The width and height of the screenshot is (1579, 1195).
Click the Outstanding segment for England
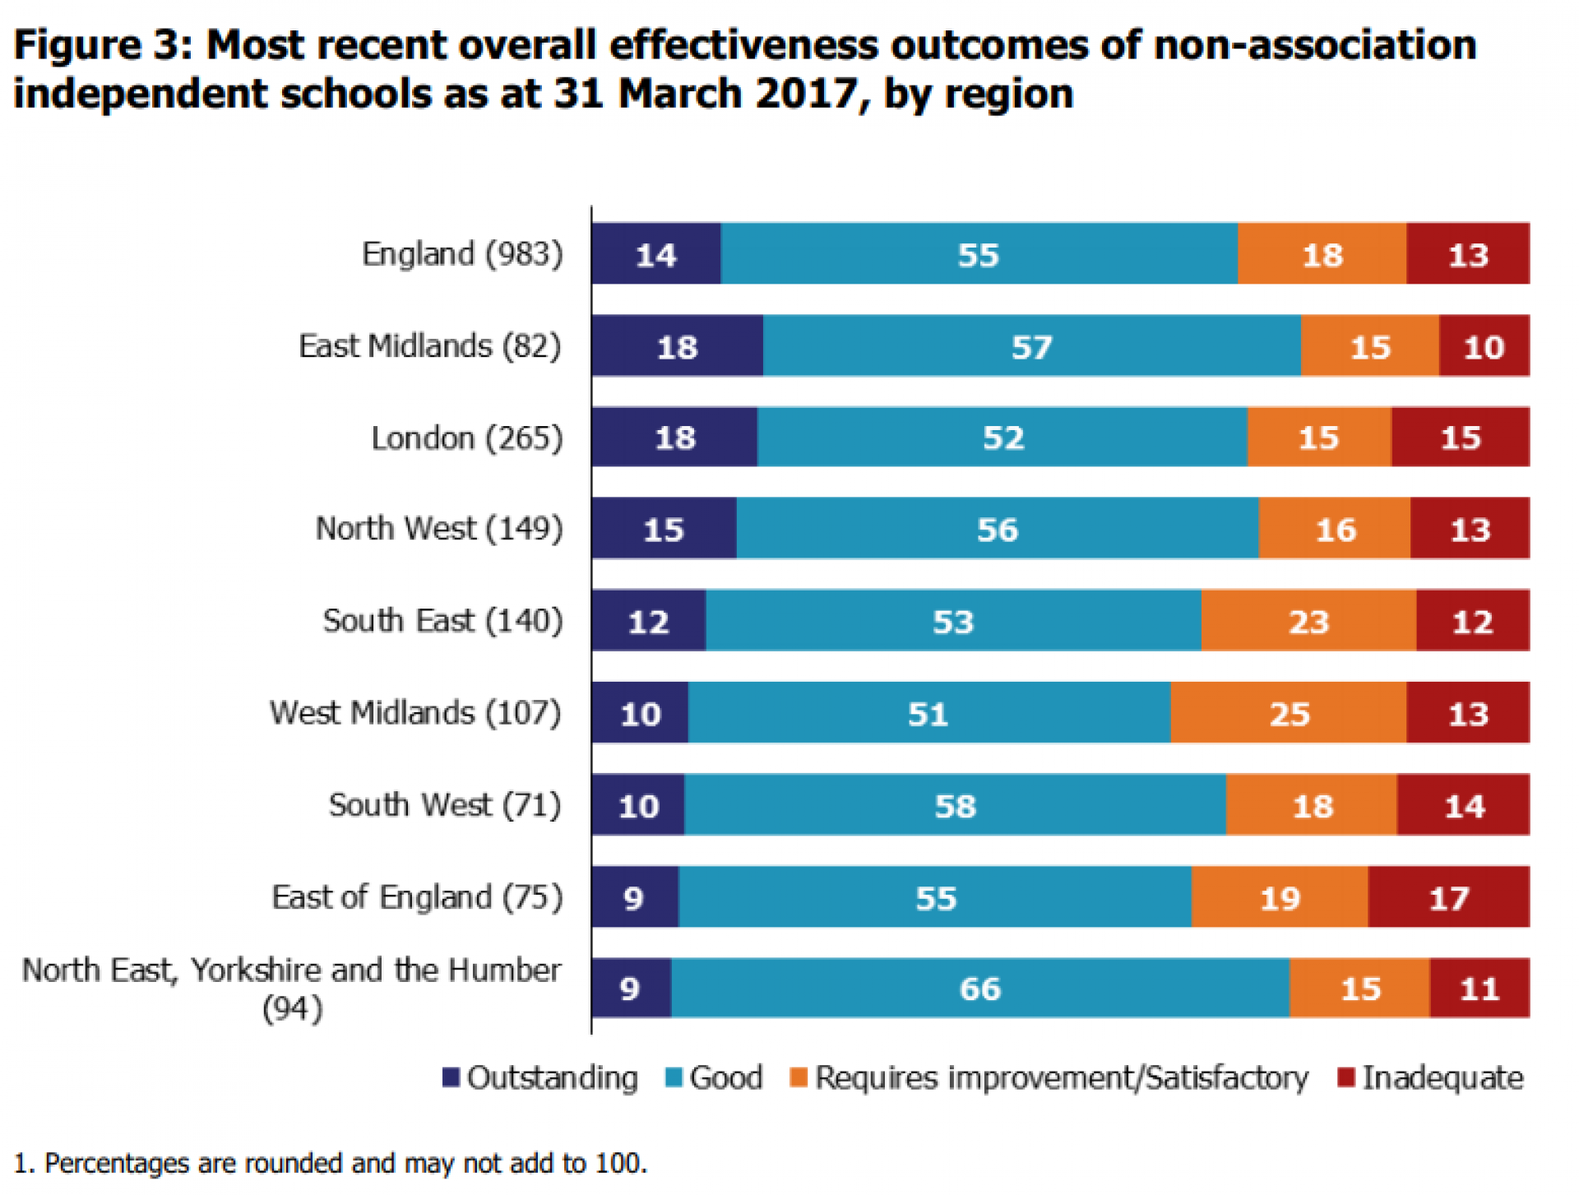click(655, 253)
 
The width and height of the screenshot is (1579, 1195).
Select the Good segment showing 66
click(979, 988)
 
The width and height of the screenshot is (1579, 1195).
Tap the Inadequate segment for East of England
click(1448, 896)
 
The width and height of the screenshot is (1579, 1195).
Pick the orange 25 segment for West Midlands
click(1288, 712)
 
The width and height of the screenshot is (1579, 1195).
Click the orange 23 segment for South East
click(1308, 620)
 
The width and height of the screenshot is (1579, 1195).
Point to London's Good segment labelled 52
click(1002, 437)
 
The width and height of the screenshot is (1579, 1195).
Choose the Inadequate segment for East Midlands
click(1484, 345)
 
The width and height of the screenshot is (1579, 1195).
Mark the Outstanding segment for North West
click(663, 528)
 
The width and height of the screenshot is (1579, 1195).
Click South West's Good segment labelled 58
click(954, 804)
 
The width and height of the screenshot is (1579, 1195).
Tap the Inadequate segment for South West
click(1463, 804)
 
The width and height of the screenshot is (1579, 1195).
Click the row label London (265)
click(466, 438)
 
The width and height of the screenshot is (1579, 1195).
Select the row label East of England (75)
click(417, 896)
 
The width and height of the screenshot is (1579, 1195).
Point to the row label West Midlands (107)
click(415, 712)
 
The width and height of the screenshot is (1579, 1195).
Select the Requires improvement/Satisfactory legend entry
click(1049, 1077)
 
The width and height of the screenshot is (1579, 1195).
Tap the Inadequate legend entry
click(1430, 1077)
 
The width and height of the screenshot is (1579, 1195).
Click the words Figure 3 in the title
click(102, 44)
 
